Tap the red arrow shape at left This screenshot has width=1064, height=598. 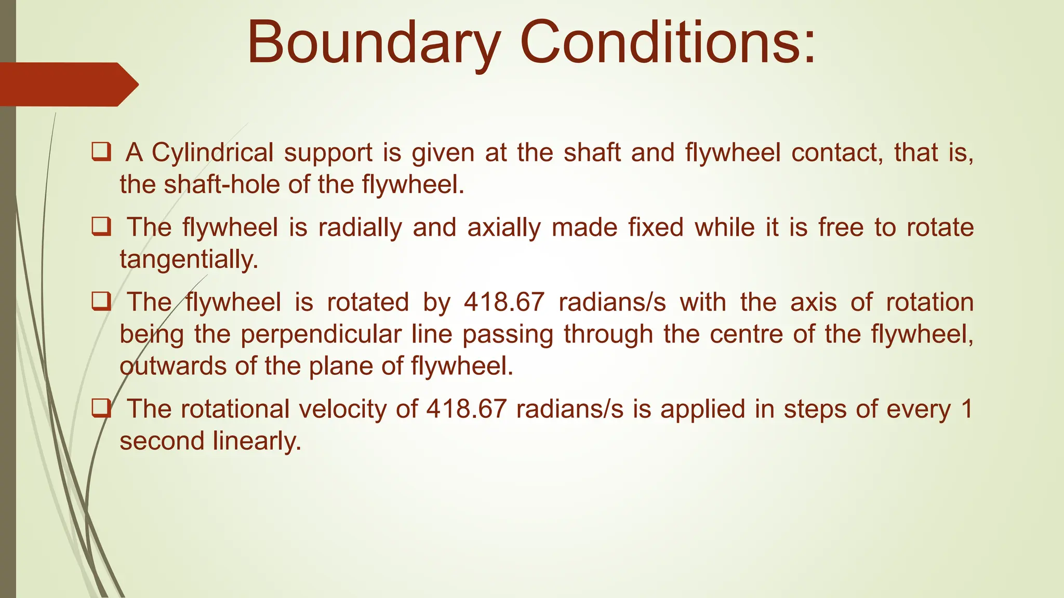[68, 84]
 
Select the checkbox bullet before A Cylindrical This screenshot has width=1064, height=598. [101, 152]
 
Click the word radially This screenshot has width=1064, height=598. [360, 228]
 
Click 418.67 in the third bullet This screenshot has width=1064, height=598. [504, 302]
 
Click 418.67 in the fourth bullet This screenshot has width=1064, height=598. [466, 409]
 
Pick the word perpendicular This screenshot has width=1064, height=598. [321, 334]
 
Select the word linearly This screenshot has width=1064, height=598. [257, 442]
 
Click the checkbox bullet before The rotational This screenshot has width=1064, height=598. [101, 409]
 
